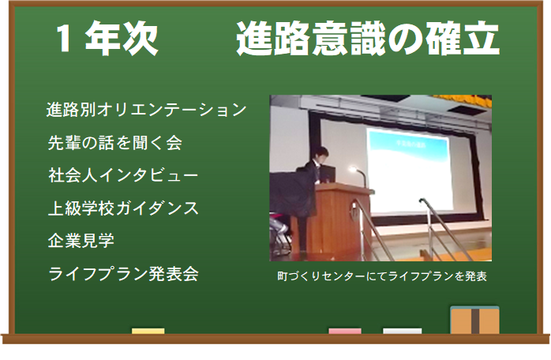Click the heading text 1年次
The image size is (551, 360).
point(107,38)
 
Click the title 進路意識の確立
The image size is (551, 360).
point(368,38)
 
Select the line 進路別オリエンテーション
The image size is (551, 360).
point(147,110)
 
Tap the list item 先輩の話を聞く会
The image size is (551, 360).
point(115,143)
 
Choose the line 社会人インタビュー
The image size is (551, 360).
point(123,175)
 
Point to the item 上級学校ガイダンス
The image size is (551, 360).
point(123,208)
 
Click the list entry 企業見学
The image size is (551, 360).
point(81,241)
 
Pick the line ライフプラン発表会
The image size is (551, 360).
point(123,273)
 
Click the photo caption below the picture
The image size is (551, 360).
point(382,276)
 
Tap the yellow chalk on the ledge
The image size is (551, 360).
point(148,331)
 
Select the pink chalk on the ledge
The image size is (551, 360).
point(345,331)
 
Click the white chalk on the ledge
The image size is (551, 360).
point(403,331)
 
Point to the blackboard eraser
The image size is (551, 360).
point(474,320)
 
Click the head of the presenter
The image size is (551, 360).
point(320,154)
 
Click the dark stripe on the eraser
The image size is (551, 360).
point(475,321)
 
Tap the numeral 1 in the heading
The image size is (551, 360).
point(64,39)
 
